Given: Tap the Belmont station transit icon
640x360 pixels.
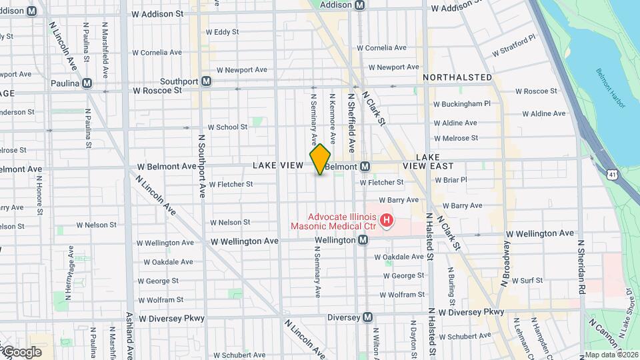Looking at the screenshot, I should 365,166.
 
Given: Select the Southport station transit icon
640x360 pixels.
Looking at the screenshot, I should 207,81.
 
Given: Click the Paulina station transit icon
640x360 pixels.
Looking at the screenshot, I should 87,83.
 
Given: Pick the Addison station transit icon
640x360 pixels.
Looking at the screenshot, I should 360,5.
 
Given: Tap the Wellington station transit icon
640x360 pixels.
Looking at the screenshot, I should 363,239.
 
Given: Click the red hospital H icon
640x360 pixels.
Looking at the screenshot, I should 385,219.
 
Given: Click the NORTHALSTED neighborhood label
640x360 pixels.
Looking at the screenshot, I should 457,78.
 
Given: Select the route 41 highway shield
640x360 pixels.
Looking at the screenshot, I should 612,174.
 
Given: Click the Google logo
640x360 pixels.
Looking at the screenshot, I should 22,352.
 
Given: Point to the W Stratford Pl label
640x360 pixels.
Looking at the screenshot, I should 513,47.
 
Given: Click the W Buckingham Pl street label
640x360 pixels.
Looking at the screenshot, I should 462,104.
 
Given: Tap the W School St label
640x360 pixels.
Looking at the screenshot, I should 227,127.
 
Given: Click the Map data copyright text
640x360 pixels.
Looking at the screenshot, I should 611,355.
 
